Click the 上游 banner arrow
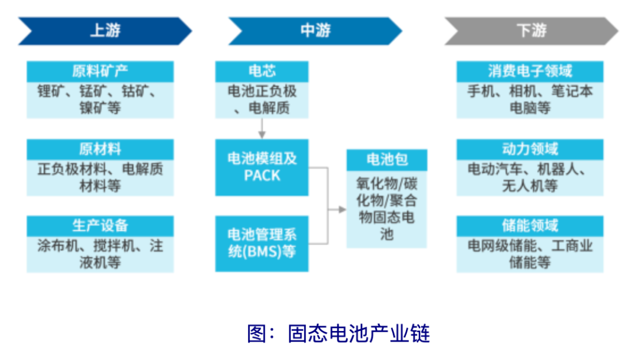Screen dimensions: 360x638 pyautogui.click(x=105, y=31)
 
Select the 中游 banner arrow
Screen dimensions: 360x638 pyautogui.click(x=315, y=31)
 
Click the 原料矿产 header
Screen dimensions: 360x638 pyautogui.click(x=100, y=72)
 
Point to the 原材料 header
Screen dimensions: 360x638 pyautogui.click(x=100, y=149)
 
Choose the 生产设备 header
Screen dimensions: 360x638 pyautogui.click(x=100, y=226)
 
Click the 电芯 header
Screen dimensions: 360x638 pyautogui.click(x=262, y=72)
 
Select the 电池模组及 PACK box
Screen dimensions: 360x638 pyautogui.click(x=262, y=167)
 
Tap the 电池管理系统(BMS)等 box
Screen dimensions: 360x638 pyautogui.click(x=262, y=243)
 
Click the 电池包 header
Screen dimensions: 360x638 pyautogui.click(x=387, y=159)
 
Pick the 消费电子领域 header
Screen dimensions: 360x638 pyautogui.click(x=530, y=72)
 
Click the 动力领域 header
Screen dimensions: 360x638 pyautogui.click(x=530, y=149)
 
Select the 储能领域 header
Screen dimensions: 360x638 pyautogui.click(x=530, y=226)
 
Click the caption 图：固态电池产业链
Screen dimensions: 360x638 pyautogui.click(x=338, y=334)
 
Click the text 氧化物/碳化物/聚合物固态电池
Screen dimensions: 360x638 pyautogui.click(x=387, y=207)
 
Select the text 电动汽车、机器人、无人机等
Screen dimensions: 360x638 pyautogui.click(x=530, y=177)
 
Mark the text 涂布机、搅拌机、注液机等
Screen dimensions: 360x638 pyautogui.click(x=100, y=254)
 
